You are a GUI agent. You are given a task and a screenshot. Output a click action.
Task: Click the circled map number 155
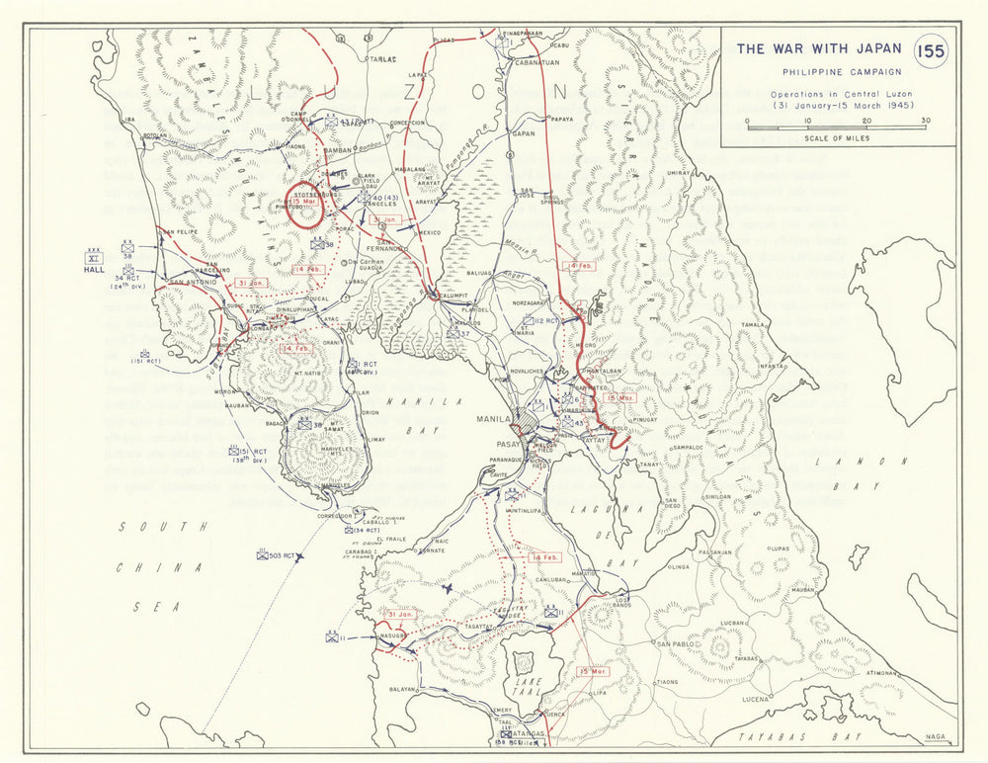(x=930, y=51)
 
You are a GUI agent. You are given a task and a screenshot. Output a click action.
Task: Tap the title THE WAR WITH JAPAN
(x=819, y=48)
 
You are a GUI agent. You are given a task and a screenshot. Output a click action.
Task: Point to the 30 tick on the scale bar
(x=924, y=121)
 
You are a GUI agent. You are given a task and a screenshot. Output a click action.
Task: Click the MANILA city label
(x=492, y=419)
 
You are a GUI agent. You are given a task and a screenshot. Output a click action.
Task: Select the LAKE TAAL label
(x=522, y=685)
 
